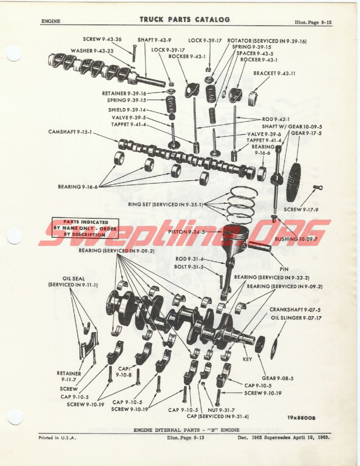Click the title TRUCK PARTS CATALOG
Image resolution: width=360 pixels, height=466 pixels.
185,20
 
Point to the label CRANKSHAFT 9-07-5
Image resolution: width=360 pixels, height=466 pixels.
295,310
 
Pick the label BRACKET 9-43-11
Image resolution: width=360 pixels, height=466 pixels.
274,73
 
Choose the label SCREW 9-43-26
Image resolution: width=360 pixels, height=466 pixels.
102,39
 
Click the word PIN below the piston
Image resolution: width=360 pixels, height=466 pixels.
284,269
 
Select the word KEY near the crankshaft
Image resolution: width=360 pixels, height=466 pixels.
247,359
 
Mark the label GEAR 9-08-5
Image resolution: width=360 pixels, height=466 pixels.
277,378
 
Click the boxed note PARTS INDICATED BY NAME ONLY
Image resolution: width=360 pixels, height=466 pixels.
85,228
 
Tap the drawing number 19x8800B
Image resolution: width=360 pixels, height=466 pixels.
301,418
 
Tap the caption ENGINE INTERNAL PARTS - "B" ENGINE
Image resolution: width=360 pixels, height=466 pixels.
187,430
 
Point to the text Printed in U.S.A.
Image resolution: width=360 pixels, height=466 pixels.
57,438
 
